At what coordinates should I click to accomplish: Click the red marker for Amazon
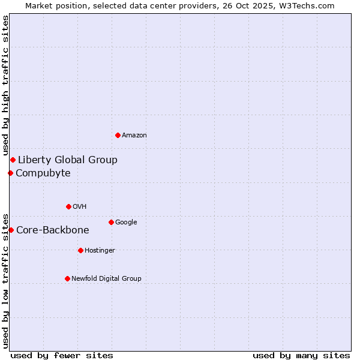tap(118, 135)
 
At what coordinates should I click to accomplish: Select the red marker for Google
tap(111, 222)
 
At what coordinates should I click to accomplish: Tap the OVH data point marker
tap(68, 206)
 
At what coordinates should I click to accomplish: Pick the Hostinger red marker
tap(80, 250)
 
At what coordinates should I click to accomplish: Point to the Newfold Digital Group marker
tap(67, 278)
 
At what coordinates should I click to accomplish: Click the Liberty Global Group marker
tap(13, 160)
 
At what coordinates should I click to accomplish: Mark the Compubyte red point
tap(10, 173)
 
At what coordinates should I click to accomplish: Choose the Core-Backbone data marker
tap(11, 230)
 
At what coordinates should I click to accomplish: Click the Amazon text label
tap(134, 136)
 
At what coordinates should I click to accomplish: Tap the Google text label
tap(126, 223)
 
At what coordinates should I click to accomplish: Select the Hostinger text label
tap(100, 251)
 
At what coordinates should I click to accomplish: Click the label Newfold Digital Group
tap(106, 279)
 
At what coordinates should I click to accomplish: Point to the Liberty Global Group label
tap(68, 160)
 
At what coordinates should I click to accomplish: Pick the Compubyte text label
tap(43, 173)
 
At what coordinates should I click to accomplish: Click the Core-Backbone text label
tap(53, 230)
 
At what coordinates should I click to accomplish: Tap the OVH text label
tap(80, 207)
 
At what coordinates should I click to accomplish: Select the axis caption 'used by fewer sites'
tap(62, 355)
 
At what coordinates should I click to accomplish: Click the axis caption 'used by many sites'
tap(301, 355)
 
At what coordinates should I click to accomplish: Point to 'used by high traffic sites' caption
tap(6, 86)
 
